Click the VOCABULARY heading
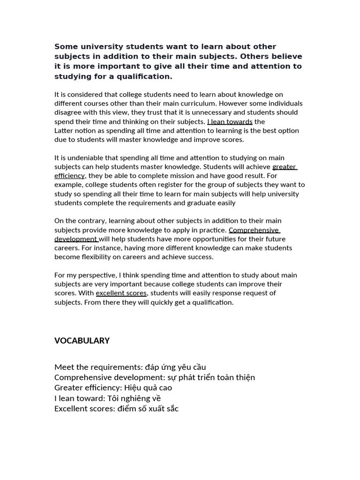pyautogui.click(x=82, y=341)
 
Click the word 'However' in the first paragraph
pyautogui.click(x=232, y=104)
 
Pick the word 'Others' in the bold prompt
pyautogui.click(x=257, y=56)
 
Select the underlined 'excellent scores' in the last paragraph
pyautogui.click(x=121, y=293)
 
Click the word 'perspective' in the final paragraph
pyautogui.click(x=97, y=275)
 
